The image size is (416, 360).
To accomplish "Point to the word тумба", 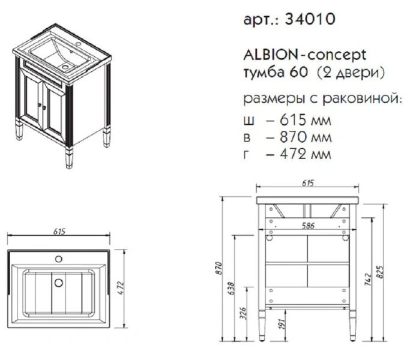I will pos(262,73).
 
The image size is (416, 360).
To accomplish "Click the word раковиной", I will pos(367,98).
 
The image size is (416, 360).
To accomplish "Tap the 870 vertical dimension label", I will pos(220,268).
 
